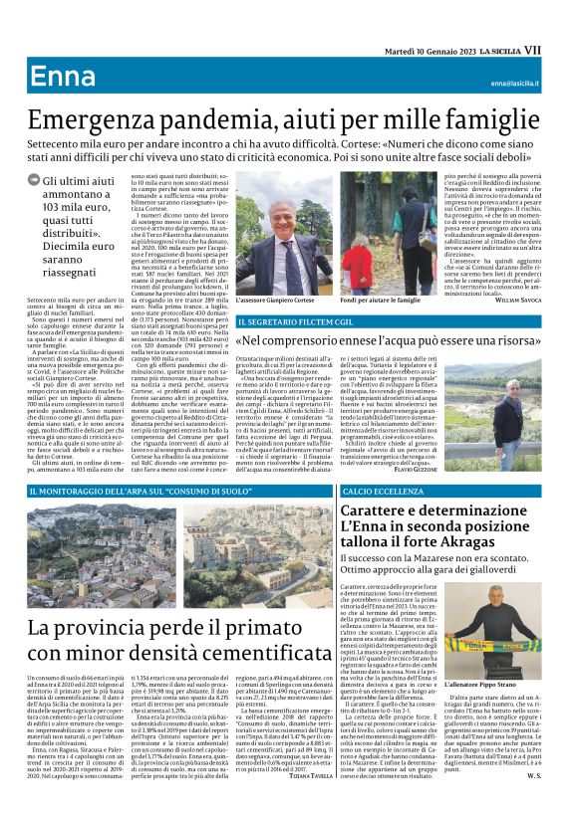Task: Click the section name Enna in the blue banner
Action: pos(63,78)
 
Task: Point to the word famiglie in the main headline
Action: pos(492,120)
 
